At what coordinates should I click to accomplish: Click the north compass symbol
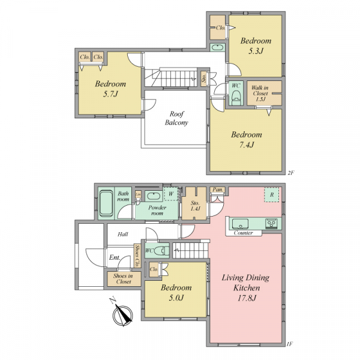tap(123, 313)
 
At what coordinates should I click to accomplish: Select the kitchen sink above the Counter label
tap(240, 224)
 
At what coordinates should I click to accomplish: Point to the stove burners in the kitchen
tap(271, 223)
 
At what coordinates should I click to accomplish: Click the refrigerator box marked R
tap(272, 194)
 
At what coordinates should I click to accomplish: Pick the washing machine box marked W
tap(171, 194)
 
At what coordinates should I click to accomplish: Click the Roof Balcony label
tap(176, 118)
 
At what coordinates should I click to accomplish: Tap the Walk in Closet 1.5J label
tap(260, 93)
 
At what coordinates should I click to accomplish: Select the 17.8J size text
tap(247, 298)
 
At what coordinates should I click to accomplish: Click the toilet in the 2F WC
tap(236, 97)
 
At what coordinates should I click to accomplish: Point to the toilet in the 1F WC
tap(161, 251)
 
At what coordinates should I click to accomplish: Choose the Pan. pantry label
tap(218, 190)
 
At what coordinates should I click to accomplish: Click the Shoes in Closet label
tap(123, 279)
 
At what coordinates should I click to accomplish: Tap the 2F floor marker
tap(290, 173)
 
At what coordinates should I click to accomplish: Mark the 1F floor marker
tap(290, 344)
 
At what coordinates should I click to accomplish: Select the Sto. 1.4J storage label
tap(195, 206)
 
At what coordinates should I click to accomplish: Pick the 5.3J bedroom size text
tap(256, 51)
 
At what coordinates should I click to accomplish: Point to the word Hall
tap(123, 234)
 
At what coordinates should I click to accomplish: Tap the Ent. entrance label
tap(115, 257)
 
